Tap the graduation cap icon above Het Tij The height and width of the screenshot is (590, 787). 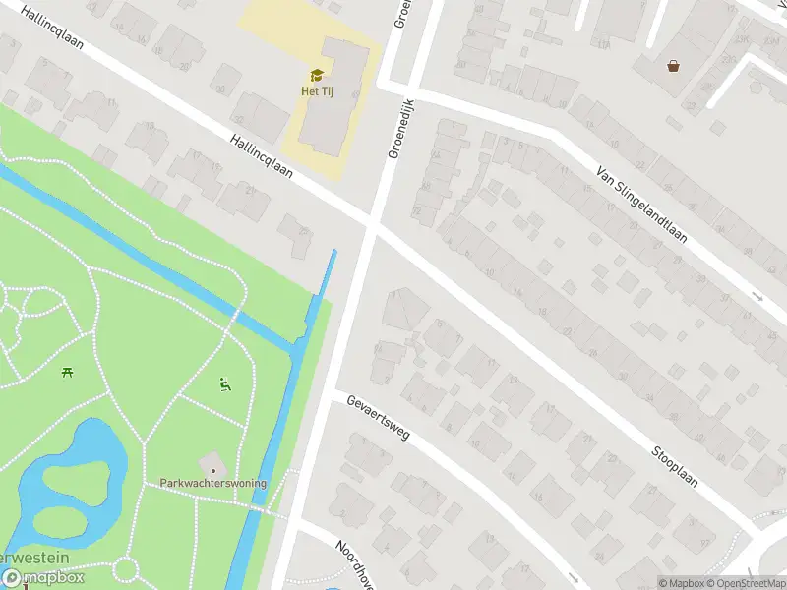317,75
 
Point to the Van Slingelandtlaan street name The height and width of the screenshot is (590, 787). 640,206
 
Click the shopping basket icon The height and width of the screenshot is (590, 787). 673,66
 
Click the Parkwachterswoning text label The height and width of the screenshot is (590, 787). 212,483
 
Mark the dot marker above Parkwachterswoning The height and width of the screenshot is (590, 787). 212,470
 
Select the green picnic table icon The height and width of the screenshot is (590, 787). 67,372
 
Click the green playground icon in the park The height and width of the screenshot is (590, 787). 225,383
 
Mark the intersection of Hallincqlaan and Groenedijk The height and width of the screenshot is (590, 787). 372,224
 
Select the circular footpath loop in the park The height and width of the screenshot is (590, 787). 127,570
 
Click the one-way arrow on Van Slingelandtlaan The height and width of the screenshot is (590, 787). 757,296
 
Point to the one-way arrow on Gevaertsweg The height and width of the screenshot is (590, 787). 574,578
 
